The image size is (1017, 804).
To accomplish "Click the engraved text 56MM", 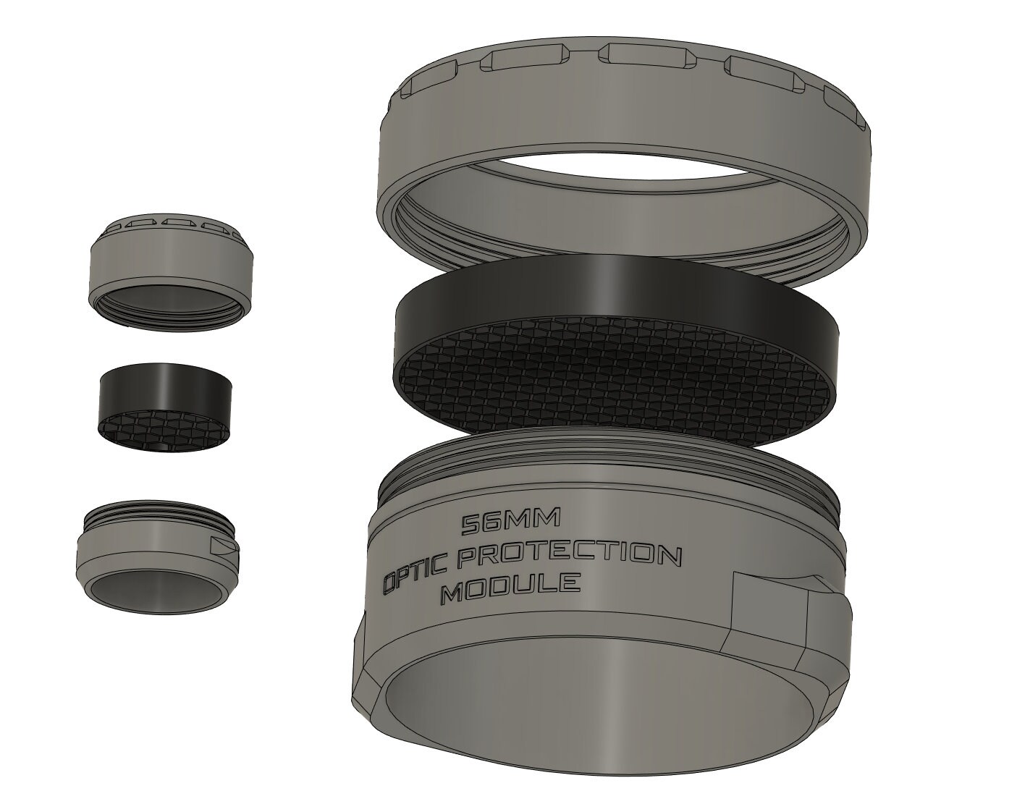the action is (511, 524).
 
